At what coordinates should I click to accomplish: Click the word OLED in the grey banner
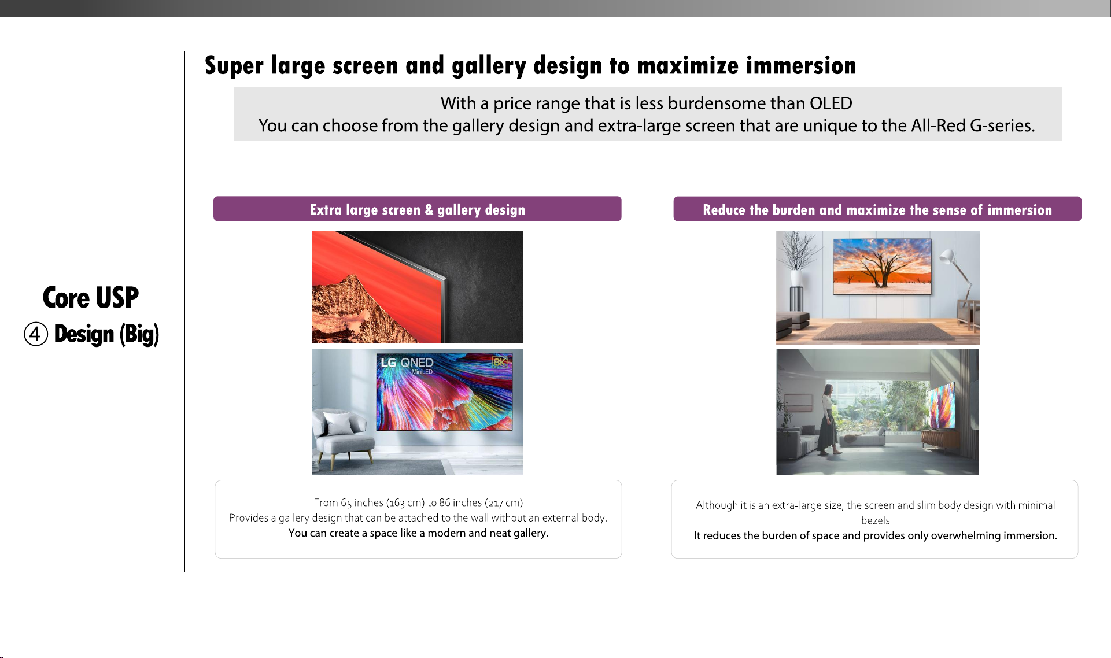[x=831, y=103]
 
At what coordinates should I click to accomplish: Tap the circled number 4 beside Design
[x=36, y=334]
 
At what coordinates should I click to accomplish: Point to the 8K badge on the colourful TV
[x=499, y=362]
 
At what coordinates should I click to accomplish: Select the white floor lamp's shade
[x=947, y=256]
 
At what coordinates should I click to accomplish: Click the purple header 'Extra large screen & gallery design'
[x=418, y=209]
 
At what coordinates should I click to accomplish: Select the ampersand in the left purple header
[x=429, y=209]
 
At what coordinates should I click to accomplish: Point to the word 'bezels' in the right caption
[x=875, y=520]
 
